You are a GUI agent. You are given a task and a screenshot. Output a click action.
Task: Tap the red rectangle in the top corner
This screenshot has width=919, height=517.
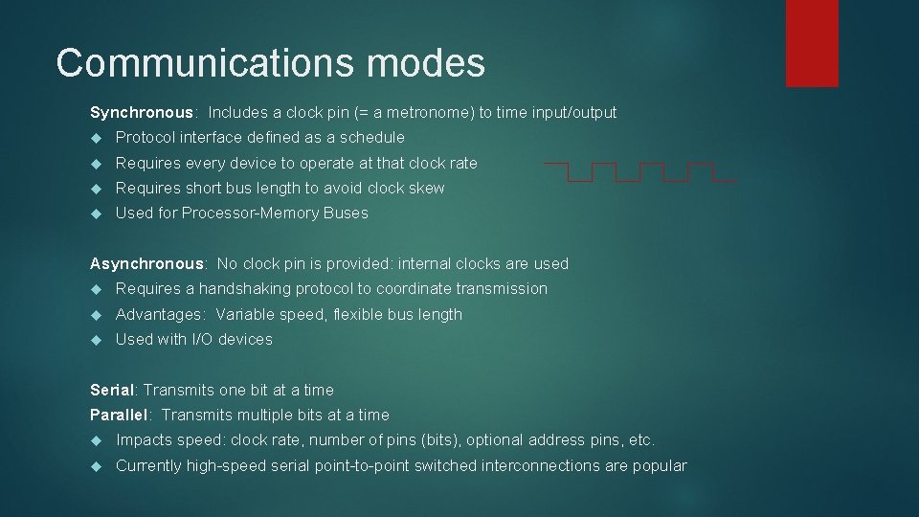pyautogui.click(x=812, y=42)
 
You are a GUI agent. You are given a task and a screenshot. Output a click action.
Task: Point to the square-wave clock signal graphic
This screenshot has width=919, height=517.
pyautogui.click(x=640, y=172)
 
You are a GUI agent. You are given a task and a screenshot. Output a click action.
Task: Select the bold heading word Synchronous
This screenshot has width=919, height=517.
pyautogui.click(x=141, y=113)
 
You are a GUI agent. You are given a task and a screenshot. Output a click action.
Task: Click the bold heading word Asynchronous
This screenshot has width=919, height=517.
pyautogui.click(x=146, y=263)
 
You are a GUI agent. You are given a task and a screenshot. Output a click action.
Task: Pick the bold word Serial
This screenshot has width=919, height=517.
pyautogui.click(x=112, y=390)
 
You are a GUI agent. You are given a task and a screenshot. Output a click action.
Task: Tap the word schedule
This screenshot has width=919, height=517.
pyautogui.click(x=371, y=138)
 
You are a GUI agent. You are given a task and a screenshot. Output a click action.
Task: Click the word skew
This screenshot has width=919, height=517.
pyautogui.click(x=427, y=188)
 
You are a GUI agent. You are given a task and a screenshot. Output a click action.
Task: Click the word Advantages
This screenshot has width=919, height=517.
pyautogui.click(x=159, y=314)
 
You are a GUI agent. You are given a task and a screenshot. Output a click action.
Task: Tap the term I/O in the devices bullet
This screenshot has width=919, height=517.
pyautogui.click(x=204, y=339)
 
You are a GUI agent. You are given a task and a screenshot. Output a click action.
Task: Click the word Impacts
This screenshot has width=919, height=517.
pyautogui.click(x=145, y=440)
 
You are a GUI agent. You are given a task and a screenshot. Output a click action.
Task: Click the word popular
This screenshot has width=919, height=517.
pyautogui.click(x=661, y=465)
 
